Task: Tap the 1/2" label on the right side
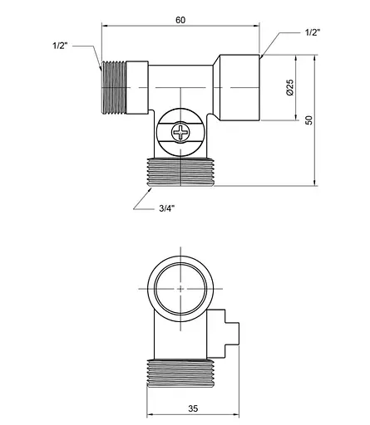[x=313, y=32]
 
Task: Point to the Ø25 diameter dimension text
[x=289, y=88]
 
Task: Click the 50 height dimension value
[x=308, y=120]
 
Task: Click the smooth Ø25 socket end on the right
[x=239, y=87]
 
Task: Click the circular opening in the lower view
[x=180, y=287]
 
